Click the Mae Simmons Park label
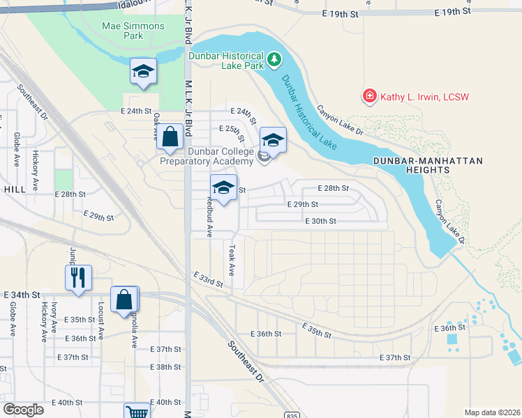click(133, 31)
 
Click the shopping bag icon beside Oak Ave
click(170, 137)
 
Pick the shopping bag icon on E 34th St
click(124, 299)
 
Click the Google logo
click(23, 410)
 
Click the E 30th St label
click(321, 221)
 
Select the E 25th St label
click(233, 130)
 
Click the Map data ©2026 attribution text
click(491, 412)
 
